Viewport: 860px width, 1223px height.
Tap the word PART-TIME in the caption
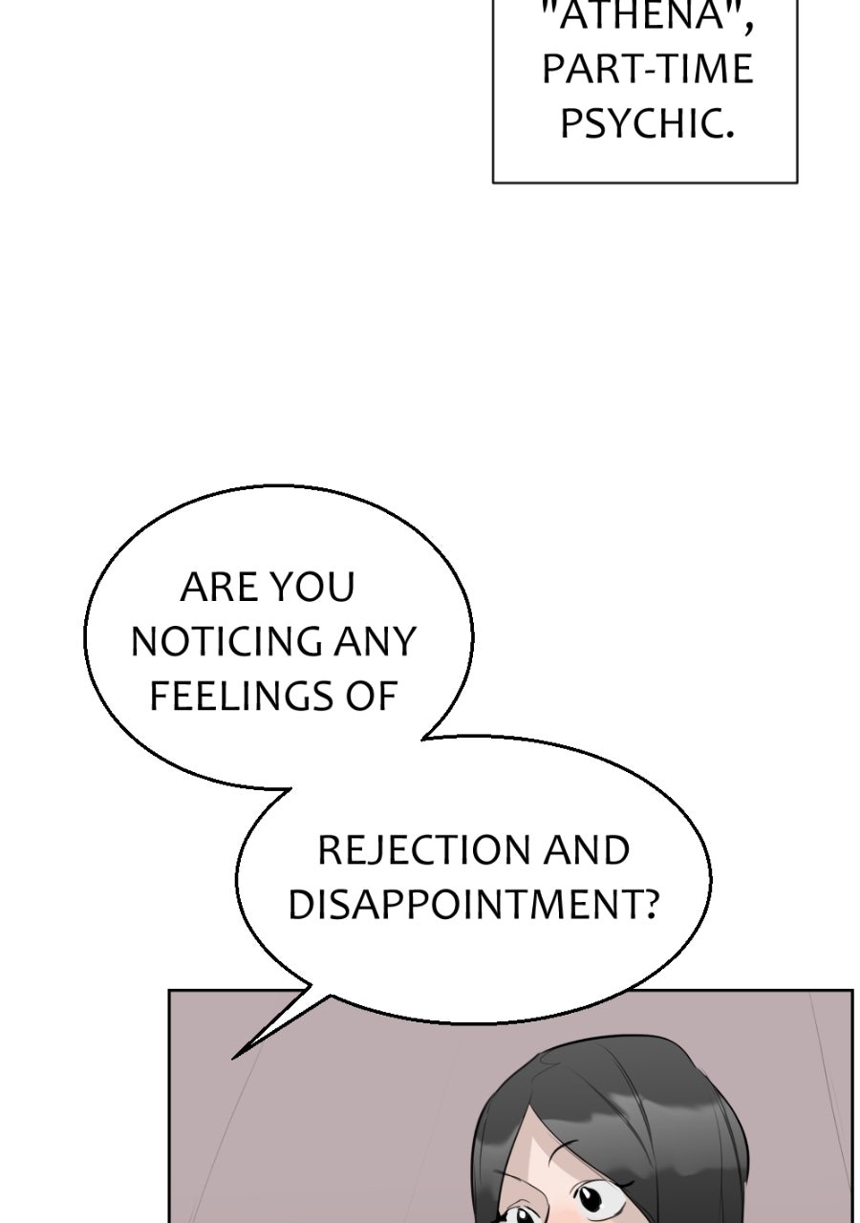click(x=648, y=69)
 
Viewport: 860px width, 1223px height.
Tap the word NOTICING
click(x=226, y=641)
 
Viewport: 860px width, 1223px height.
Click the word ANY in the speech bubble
click(x=376, y=641)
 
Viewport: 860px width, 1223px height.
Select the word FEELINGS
click(x=243, y=696)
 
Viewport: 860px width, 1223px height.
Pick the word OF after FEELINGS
click(x=372, y=696)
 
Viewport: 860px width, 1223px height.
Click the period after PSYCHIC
click(x=727, y=134)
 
